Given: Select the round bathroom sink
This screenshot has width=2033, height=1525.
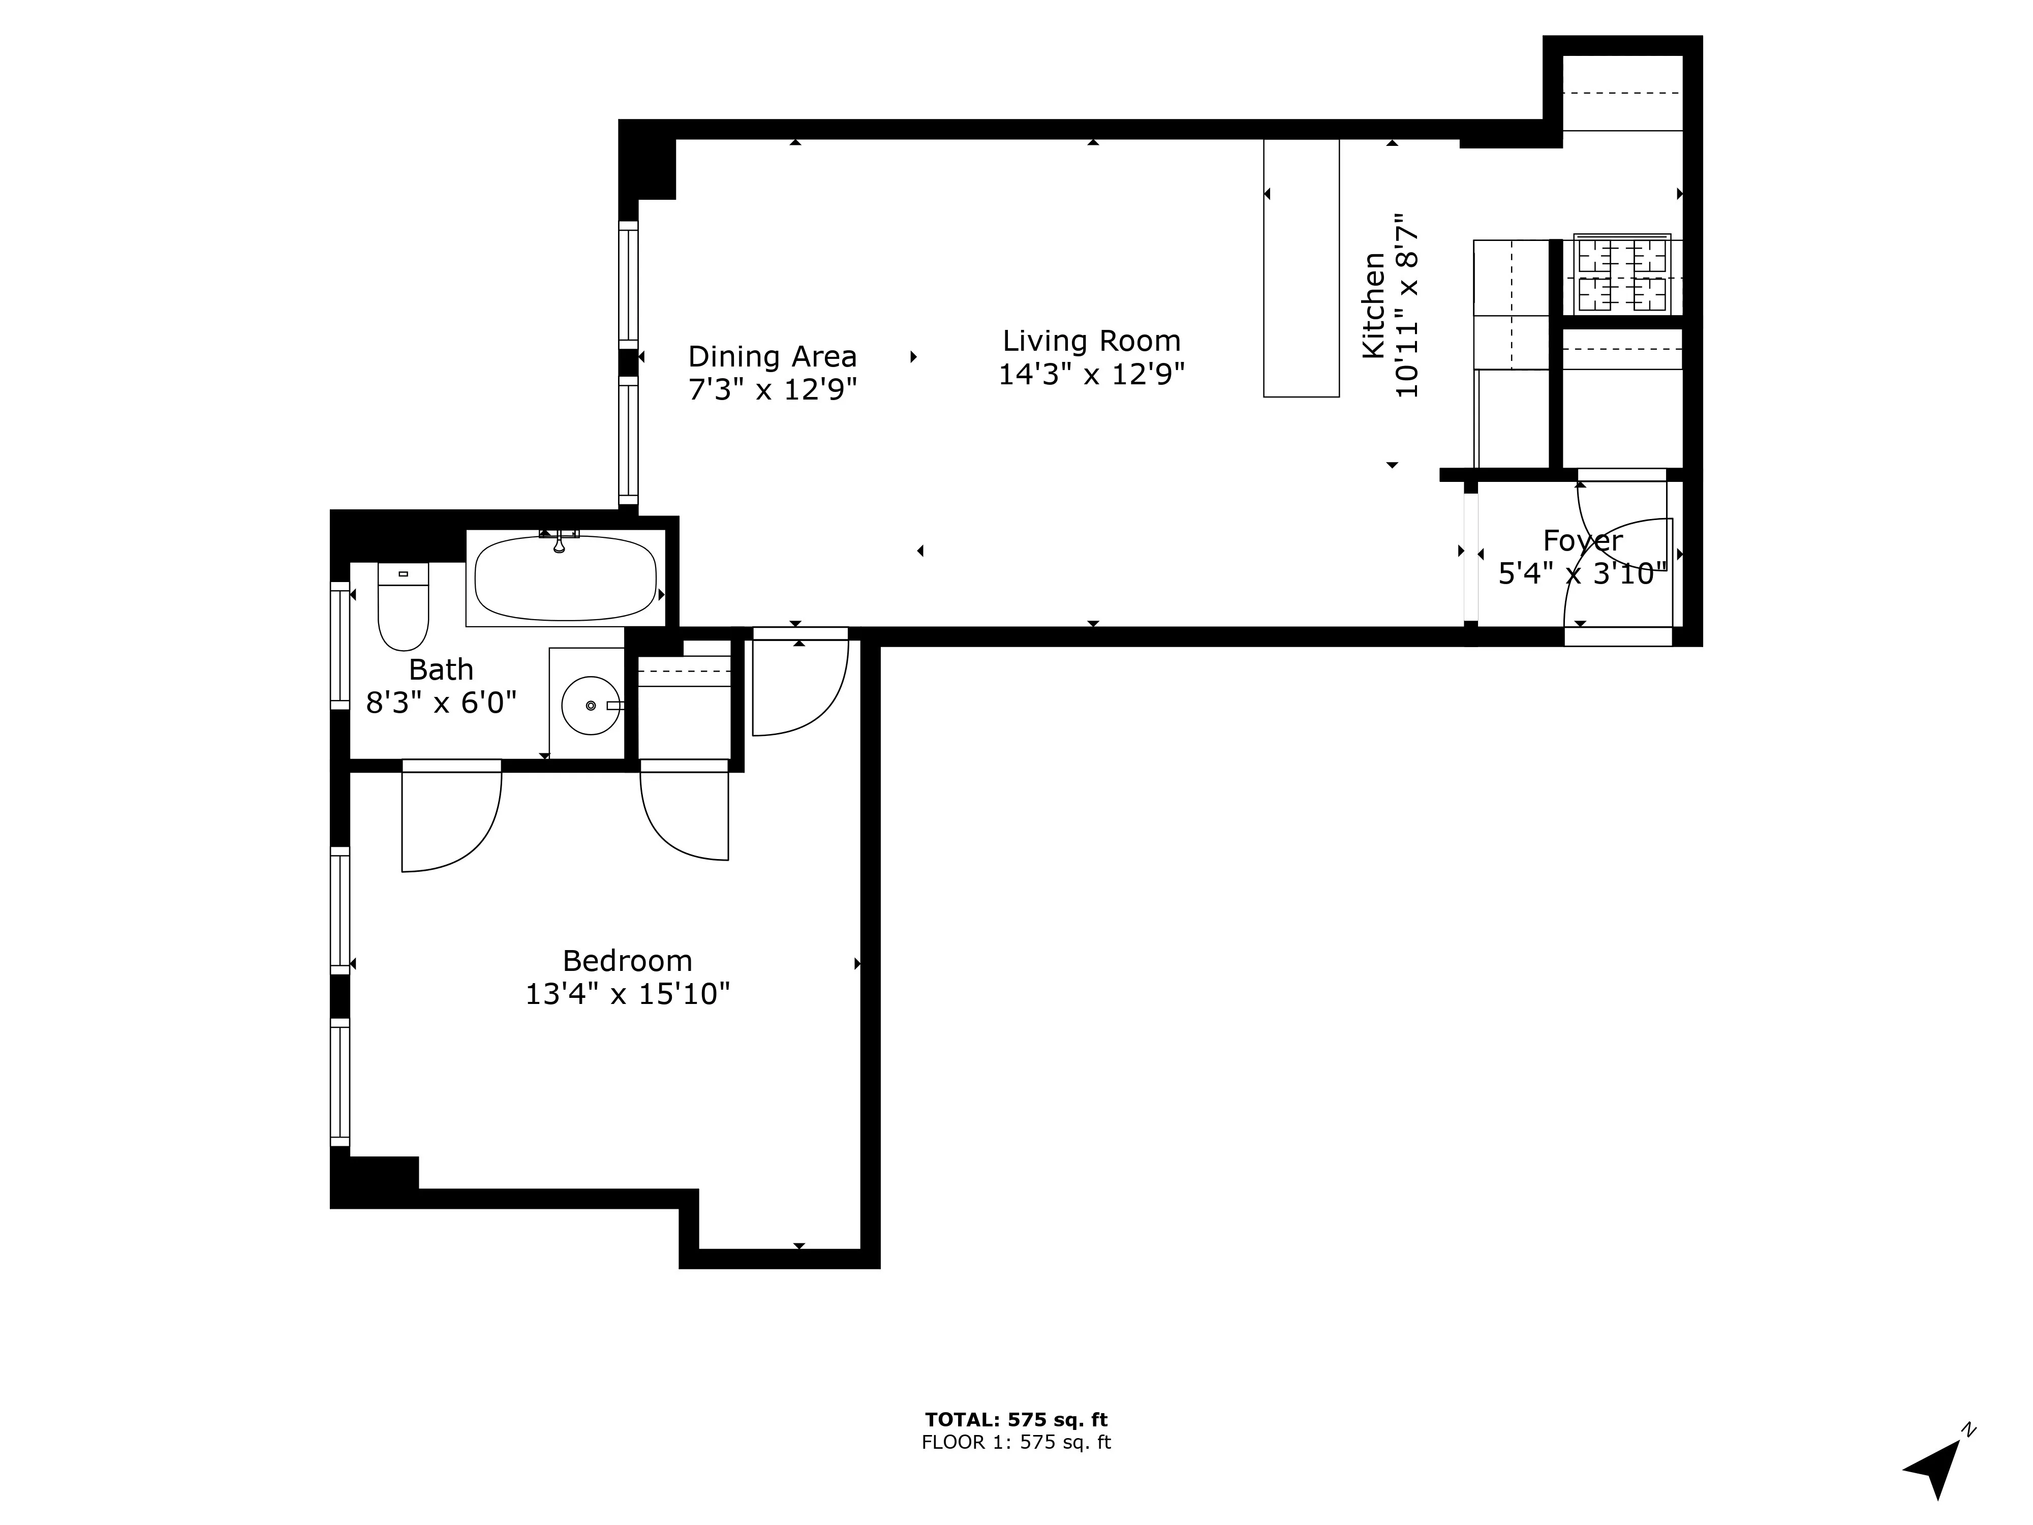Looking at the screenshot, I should pos(590,705).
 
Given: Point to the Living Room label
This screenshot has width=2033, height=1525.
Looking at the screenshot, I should pos(1091,341).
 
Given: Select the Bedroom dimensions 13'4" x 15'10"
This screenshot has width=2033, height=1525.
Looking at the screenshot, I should pos(628,994).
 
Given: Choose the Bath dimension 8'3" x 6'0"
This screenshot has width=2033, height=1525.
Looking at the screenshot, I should pos(441,703).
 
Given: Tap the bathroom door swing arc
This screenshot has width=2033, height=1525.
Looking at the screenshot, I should pos(464,827).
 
